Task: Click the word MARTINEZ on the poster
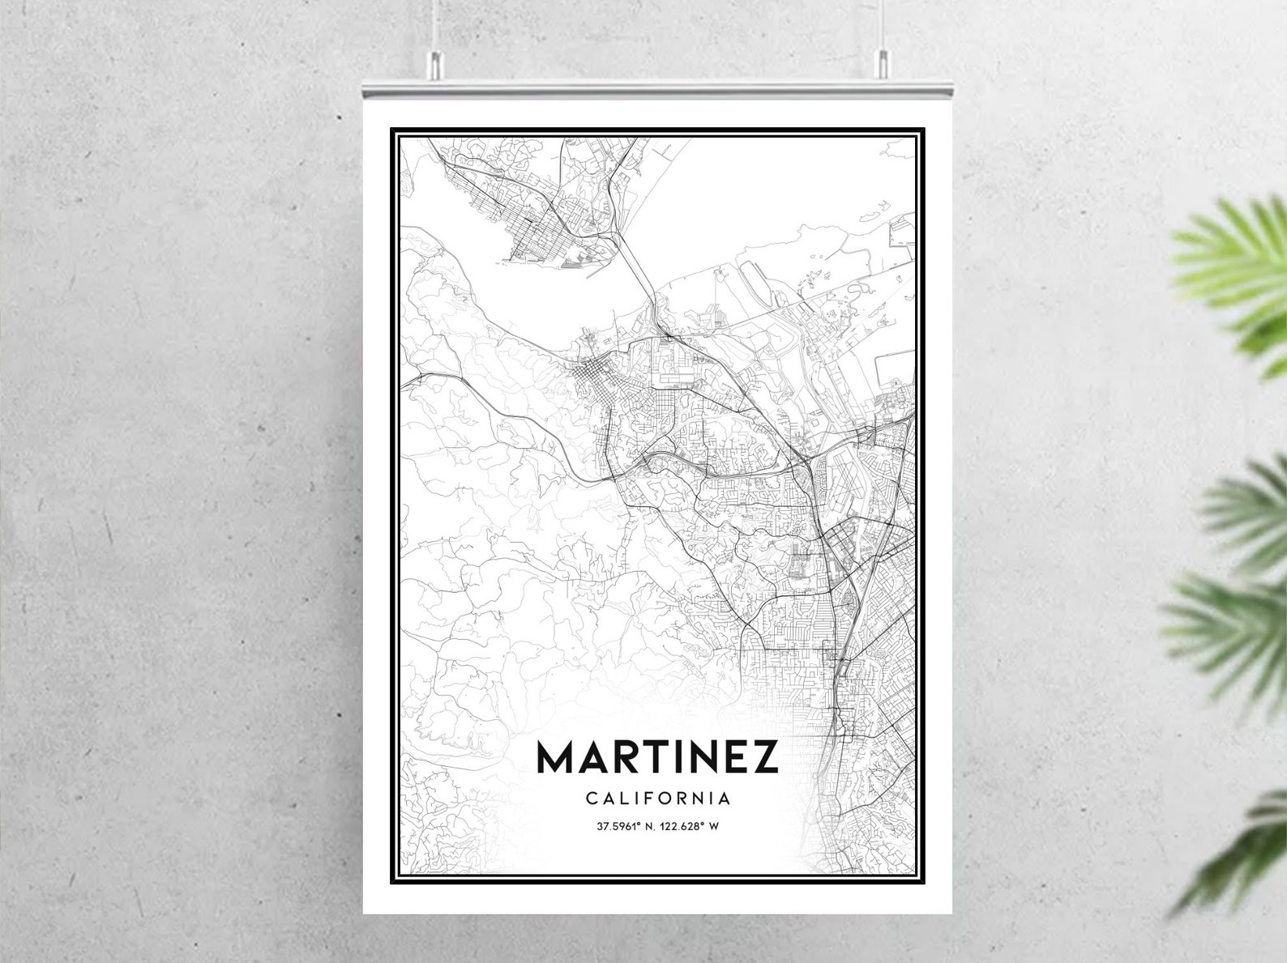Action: pyautogui.click(x=657, y=757)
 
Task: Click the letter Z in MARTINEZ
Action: pyautogui.click(x=764, y=757)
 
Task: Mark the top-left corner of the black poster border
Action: pyautogui.click(x=392, y=129)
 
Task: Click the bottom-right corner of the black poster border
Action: pyautogui.click(x=924, y=882)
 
